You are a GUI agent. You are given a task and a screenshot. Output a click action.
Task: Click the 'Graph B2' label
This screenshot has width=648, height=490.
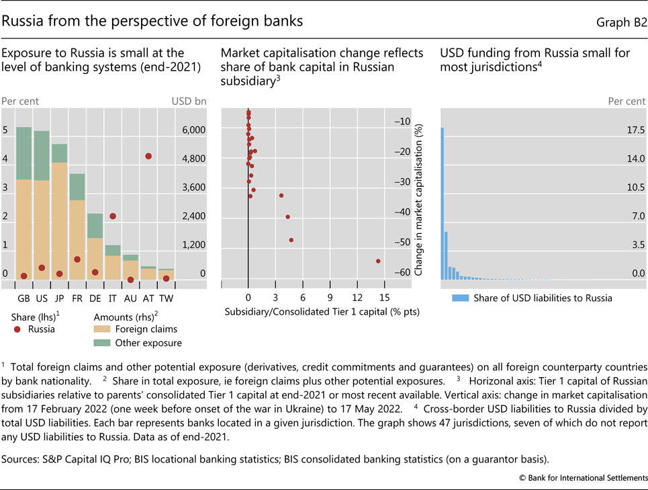coord(621,22)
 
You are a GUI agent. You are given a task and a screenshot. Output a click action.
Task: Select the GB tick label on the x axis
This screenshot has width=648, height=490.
coord(24,297)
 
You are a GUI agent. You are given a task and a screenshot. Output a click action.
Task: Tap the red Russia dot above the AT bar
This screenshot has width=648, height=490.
coord(148,156)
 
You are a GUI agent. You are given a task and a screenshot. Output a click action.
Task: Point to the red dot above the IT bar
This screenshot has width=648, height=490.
coord(113,216)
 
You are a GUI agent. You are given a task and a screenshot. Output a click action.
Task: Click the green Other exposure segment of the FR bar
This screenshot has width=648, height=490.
coord(77,186)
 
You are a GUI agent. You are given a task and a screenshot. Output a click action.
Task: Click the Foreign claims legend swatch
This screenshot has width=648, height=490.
coord(102,329)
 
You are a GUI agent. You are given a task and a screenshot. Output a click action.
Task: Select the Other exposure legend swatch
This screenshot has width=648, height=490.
coord(102,343)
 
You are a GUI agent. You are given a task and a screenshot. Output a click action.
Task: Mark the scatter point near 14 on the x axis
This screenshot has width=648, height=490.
coord(378,261)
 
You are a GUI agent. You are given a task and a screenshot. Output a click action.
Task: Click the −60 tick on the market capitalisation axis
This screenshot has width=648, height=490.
coord(402,272)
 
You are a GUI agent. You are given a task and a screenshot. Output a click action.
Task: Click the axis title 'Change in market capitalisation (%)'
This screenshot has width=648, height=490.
coord(418,200)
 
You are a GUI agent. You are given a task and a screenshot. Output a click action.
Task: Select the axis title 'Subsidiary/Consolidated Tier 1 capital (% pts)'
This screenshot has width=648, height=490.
coord(320,313)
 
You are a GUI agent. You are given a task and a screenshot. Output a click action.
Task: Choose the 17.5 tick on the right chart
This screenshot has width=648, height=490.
coord(635,130)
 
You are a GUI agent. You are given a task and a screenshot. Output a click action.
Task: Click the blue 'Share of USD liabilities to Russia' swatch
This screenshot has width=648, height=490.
coord(459,298)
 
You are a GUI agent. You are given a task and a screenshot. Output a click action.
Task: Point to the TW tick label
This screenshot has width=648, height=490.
coord(166,297)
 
